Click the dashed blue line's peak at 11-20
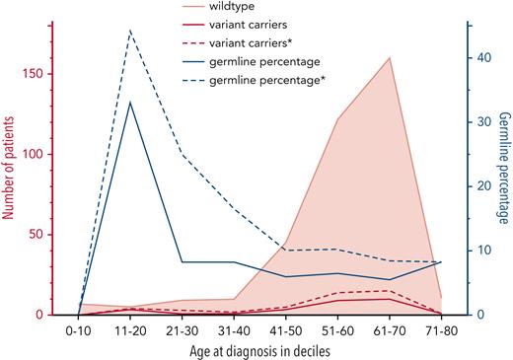click(130, 31)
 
